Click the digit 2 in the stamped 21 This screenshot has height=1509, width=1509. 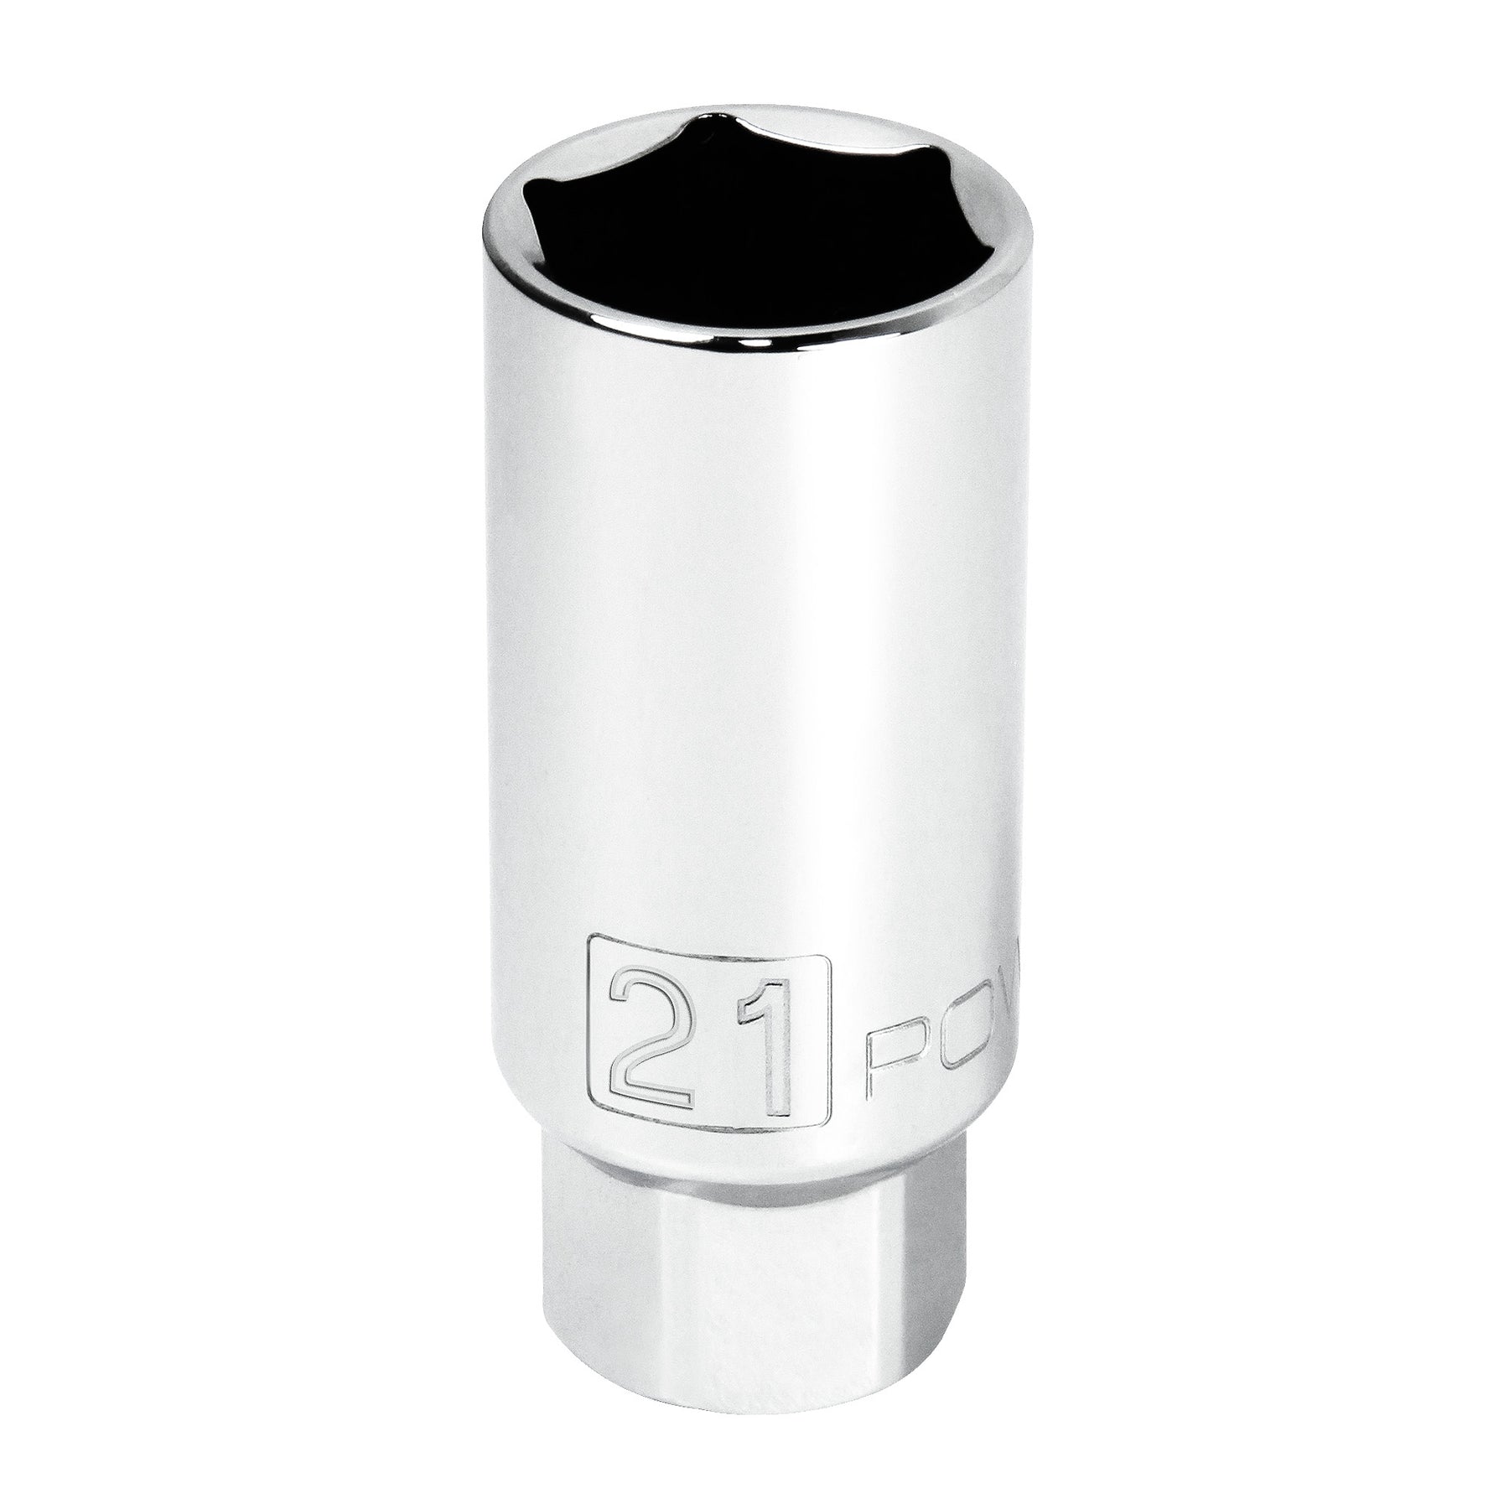(651, 1045)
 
